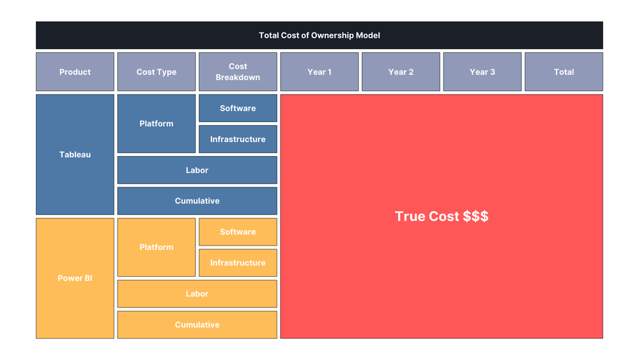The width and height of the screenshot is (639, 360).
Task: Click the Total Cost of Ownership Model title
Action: tap(319, 35)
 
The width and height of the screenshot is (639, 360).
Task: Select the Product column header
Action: tap(75, 72)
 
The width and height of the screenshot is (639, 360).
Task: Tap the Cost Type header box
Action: tap(157, 72)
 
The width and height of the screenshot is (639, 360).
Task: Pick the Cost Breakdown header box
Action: tap(238, 72)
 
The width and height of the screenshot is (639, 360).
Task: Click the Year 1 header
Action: tap(319, 72)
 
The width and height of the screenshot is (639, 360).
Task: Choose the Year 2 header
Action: tap(401, 72)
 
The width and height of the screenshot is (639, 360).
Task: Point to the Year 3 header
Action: tap(482, 72)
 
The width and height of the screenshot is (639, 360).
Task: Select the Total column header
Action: tap(564, 72)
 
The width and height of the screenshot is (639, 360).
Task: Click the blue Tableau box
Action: tap(75, 155)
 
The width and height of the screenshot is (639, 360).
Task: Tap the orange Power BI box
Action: tap(75, 278)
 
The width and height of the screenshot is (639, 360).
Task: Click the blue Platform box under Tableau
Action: tap(157, 123)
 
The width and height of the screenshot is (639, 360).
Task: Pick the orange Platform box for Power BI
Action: tap(157, 247)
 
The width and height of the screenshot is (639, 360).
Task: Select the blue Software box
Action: tap(238, 108)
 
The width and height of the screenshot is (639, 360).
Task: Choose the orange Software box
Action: tap(238, 231)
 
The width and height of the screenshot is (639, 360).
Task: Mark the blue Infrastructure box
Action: tap(238, 139)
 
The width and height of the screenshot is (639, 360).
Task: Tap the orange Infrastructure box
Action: tap(238, 263)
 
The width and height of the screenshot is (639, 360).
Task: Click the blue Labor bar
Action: tap(197, 170)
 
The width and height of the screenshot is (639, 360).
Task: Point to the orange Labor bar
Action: tap(197, 293)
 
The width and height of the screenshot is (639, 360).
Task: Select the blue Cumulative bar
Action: tap(197, 201)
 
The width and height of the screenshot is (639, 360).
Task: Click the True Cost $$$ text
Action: tap(442, 216)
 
